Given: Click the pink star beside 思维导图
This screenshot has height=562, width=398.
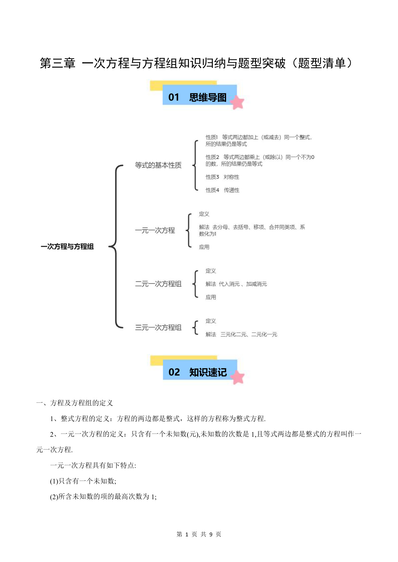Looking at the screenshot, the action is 237,102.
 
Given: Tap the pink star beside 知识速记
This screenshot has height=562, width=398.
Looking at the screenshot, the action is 238,377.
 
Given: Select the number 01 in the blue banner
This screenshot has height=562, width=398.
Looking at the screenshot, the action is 174,97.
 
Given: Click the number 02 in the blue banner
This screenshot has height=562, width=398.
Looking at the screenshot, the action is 174,372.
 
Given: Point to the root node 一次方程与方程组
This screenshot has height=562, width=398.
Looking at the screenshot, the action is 67,246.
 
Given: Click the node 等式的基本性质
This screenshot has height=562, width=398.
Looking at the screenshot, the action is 158,165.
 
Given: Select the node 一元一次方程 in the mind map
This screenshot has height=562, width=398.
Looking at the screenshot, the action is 155,230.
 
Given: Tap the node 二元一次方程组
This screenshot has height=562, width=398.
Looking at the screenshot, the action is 158,284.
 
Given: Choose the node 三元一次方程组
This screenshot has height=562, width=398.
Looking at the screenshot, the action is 158,327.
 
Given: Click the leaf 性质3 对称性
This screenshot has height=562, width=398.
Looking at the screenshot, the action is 222,177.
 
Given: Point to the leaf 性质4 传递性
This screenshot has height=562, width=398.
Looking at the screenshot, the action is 222,190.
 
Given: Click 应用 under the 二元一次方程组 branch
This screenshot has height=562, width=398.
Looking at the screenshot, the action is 211,297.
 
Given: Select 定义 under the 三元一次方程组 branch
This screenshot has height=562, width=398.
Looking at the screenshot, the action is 211,321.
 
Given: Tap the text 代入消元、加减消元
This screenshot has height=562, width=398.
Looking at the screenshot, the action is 243,284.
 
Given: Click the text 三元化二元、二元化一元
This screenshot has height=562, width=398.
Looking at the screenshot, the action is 249,334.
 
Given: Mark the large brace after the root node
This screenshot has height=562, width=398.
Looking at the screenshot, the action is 116,246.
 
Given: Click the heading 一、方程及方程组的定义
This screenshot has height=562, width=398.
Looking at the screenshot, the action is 75,403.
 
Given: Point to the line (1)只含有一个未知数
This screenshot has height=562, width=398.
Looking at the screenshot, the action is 83,481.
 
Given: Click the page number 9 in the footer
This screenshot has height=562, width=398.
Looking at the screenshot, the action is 211,534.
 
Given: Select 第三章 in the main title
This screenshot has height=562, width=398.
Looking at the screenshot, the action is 57,63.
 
